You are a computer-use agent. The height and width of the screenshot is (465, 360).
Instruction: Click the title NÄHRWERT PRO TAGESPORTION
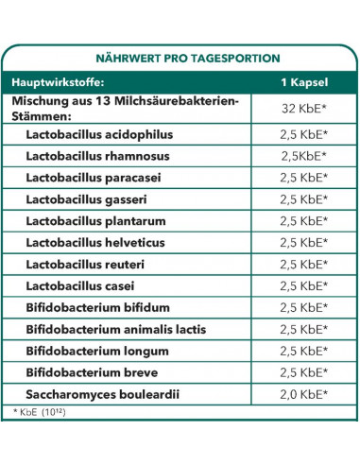point(180,56)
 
